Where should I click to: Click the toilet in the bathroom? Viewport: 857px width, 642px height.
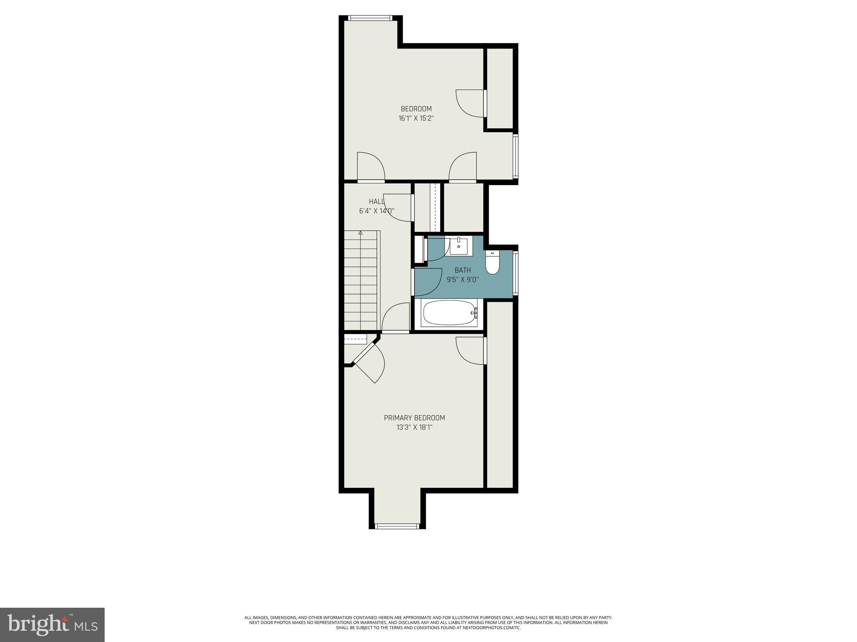tap(493, 263)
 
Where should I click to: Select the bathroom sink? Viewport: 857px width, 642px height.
tap(459, 246)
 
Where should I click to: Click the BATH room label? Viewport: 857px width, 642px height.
tap(462, 270)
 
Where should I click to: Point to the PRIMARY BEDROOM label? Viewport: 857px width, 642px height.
tap(414, 418)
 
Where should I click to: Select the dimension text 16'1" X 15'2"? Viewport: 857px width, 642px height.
tap(416, 118)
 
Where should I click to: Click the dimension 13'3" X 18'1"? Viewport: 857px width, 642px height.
tap(414, 428)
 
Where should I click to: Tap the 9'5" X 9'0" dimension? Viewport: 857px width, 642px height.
tap(462, 280)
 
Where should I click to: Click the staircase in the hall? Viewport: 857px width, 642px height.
tap(361, 280)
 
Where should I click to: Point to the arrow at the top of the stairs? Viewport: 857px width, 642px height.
tap(361, 233)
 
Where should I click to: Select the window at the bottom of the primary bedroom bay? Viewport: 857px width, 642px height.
tap(397, 526)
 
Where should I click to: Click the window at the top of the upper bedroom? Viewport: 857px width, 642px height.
tap(370, 18)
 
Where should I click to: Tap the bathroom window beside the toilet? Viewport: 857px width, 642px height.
tap(516, 273)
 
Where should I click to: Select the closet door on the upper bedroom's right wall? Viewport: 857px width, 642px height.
tap(485, 103)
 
